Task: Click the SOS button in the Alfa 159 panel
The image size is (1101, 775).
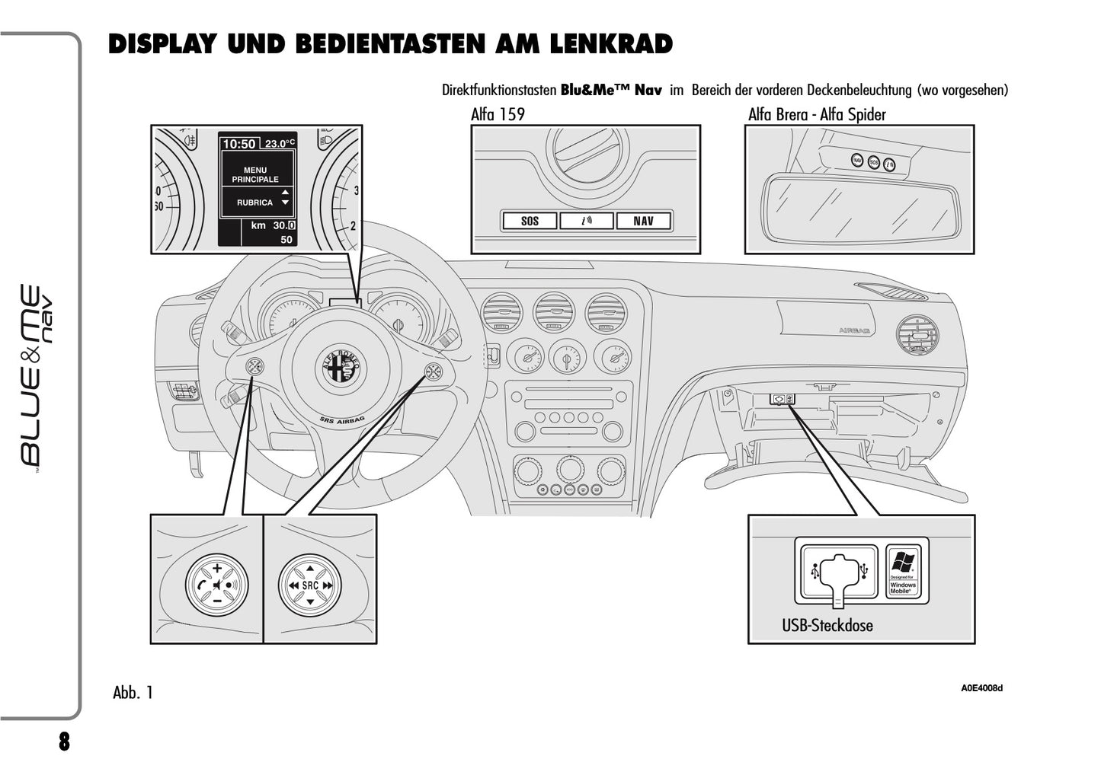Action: pos(529,221)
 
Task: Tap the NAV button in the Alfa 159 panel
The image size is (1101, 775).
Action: pos(643,221)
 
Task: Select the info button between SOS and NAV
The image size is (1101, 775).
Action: pos(586,221)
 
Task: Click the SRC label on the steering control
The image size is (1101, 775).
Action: pos(310,585)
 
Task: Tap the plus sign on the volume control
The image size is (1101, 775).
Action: pos(217,568)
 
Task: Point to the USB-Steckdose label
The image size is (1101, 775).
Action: pos(827,626)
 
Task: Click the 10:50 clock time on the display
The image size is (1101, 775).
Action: pos(238,144)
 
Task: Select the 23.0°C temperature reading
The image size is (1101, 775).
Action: pos(280,144)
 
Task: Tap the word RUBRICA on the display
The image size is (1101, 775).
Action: pos(254,203)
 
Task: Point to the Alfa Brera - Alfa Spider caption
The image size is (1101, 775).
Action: pos(817,115)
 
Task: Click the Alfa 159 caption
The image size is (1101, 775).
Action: pos(498,115)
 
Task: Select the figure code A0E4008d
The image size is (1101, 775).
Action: pos(981,689)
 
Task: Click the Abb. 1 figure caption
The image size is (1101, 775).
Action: pos(133,693)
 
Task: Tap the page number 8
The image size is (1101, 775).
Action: pos(64,742)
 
